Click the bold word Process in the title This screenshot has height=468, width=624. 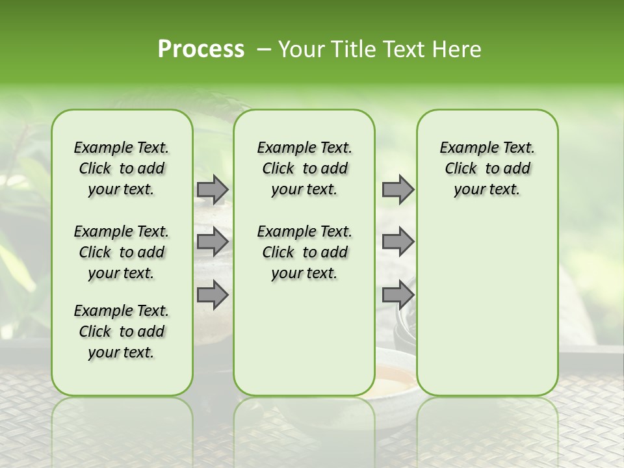coord(201,49)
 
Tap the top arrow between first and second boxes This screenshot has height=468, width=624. coord(212,190)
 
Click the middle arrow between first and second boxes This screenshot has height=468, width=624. coord(212,242)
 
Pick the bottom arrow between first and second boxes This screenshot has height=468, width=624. coord(212,294)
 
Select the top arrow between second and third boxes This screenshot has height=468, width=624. coord(398,190)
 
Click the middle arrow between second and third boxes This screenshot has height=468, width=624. coord(398,242)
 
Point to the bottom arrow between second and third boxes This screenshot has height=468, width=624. coord(398,294)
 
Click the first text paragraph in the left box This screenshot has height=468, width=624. coord(122,168)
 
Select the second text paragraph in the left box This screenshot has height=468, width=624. coord(122,252)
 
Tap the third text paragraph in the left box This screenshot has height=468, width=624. coord(122,331)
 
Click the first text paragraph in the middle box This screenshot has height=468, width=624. coord(304,168)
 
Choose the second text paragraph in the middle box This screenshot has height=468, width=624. coord(304,252)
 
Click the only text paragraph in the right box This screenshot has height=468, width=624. coord(487,168)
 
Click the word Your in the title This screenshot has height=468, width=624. coord(301,49)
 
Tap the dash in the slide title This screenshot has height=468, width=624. coord(264,49)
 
